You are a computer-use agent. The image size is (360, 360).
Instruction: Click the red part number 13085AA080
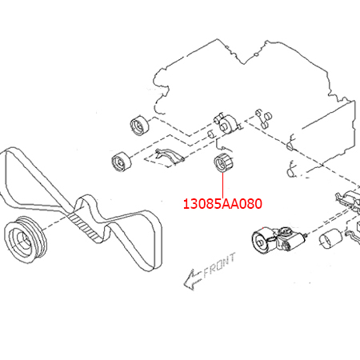point(222,204)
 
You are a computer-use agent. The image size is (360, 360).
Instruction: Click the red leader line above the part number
point(222,186)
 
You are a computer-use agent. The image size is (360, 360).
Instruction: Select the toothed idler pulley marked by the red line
point(223,163)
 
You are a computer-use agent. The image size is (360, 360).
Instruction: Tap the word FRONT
point(220,266)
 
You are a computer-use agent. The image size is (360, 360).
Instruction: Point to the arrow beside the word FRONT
point(191,280)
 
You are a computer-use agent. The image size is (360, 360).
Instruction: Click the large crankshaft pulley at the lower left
point(26,239)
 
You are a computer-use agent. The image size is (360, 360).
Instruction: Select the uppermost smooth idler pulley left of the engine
point(140,126)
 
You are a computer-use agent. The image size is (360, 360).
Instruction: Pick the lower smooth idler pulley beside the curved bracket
point(121,162)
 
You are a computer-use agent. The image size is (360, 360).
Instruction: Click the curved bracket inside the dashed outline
point(170,155)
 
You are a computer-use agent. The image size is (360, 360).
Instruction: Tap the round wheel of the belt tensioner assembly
point(262,241)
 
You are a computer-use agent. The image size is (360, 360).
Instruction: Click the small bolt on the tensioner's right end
point(306,235)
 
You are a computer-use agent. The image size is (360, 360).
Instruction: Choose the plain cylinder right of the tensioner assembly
point(330,238)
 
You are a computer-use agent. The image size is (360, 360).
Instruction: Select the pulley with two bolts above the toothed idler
point(226,122)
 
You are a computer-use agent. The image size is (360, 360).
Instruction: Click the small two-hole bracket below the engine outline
point(264,118)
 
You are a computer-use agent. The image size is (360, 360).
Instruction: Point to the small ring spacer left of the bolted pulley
point(211,134)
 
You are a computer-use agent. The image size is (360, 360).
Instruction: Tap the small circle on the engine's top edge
point(256,55)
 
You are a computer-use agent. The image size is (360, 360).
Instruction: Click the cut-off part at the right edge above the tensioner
point(348,199)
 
